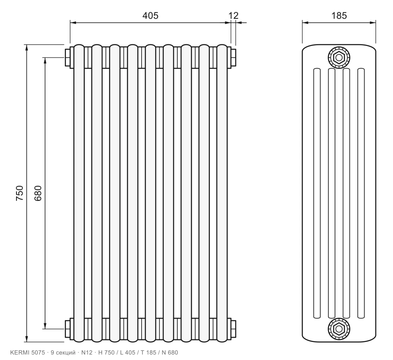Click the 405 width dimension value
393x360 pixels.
[150, 15]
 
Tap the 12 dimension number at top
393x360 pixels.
[234, 15]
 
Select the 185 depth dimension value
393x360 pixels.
[339, 15]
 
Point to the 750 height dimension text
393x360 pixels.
[20, 193]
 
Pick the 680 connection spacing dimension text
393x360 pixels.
[38, 193]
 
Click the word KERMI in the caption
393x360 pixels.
[20, 353]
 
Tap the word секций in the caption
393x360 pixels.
[65, 353]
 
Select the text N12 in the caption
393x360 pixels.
[87, 353]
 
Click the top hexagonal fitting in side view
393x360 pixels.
[339, 58]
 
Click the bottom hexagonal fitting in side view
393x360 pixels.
[339, 329]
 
